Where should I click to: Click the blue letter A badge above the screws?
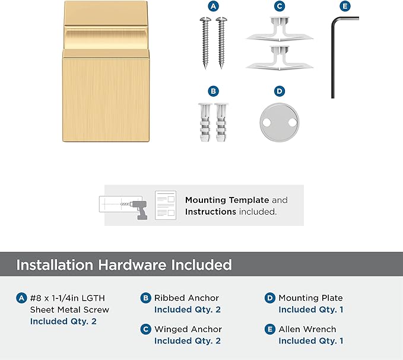pos(213,6)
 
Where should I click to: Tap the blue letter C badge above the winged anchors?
pos(280,6)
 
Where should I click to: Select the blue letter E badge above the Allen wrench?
pos(345,6)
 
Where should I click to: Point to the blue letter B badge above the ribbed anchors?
pos(213,91)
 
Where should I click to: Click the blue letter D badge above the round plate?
pos(280,91)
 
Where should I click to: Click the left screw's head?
pos(205,20)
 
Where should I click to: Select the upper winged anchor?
pos(280,28)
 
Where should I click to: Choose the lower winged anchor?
pos(280,58)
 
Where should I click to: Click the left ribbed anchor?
pos(205,122)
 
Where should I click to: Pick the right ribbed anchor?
pos(221,122)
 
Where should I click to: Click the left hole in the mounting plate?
pos(266,123)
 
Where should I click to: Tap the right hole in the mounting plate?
pos(292,123)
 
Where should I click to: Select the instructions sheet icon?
pos(166,205)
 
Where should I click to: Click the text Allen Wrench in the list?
pos(307,329)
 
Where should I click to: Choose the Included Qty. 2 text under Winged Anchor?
pos(188,341)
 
